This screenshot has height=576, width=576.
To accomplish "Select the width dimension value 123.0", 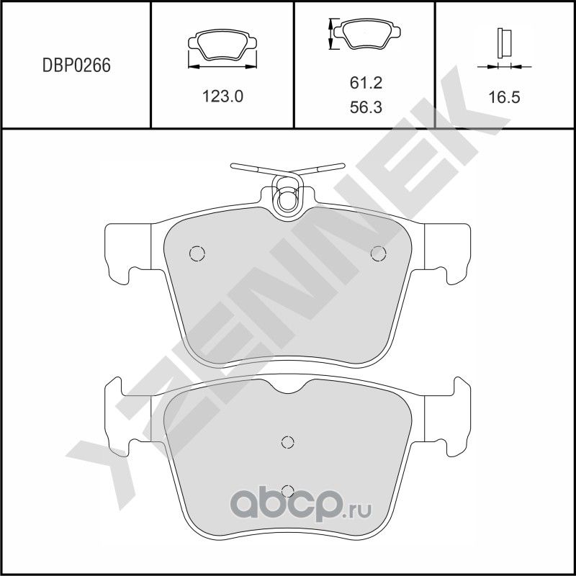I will [x=223, y=96].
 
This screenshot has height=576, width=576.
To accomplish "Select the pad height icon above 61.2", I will [x=364, y=35].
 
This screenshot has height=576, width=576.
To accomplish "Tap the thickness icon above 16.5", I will [x=503, y=45].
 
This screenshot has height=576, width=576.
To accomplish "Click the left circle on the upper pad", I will [x=197, y=253].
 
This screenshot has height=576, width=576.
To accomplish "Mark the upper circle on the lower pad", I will [x=287, y=442].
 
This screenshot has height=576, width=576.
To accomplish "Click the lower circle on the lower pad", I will [x=287, y=490].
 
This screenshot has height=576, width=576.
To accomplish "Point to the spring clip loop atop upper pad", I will [x=287, y=197].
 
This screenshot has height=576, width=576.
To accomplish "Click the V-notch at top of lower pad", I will [x=287, y=390].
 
